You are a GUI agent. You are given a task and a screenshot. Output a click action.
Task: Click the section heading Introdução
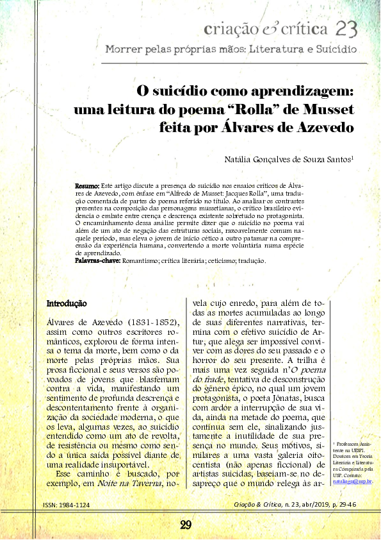pos(68,303)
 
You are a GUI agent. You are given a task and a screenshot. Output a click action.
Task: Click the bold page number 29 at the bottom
pos(186,525)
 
